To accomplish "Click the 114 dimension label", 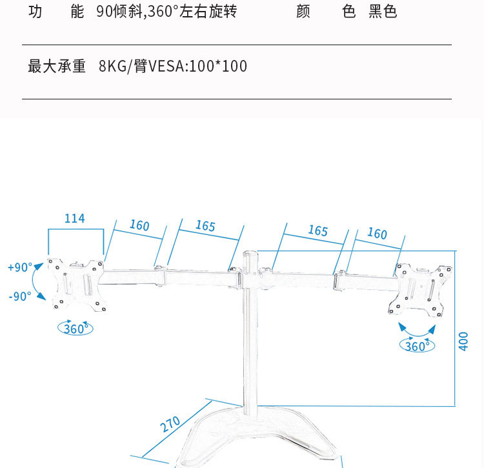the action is coord(75,219).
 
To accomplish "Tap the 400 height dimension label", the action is coord(463,340).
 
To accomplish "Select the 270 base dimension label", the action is coord(170,425).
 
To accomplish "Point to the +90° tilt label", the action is coord(20,267).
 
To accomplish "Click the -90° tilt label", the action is coord(20,296).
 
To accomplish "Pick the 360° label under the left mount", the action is coord(76,328).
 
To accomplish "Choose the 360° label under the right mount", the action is coord(417,346).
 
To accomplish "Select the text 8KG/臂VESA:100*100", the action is coord(173,66).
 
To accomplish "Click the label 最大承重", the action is coord(57,66).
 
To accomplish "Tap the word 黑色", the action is coord(383,12).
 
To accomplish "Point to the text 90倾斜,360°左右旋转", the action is coord(166,12).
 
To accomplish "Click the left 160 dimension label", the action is coord(139,225).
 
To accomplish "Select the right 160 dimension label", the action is coord(377,233).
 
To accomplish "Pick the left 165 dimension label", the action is coord(205,226).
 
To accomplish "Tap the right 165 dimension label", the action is coord(318,230).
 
